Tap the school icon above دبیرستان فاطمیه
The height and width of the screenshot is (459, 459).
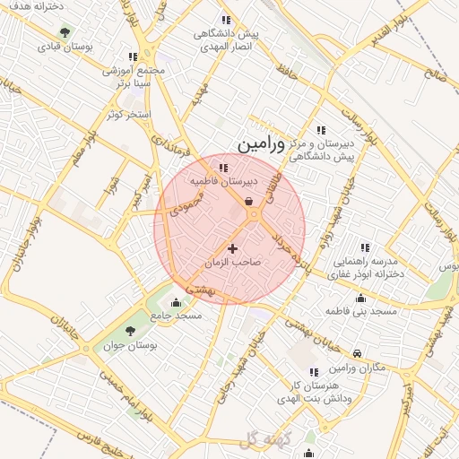(x=223, y=167)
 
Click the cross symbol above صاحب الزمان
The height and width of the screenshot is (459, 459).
(x=233, y=247)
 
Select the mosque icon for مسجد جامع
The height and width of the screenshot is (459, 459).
(x=175, y=302)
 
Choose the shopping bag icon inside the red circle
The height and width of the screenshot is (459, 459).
(x=248, y=202)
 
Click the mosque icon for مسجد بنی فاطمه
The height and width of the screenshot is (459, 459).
(x=360, y=299)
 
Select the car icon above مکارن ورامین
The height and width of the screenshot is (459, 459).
(x=358, y=354)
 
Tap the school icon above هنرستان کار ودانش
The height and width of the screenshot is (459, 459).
(x=313, y=372)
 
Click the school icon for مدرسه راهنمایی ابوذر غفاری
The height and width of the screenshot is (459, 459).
(x=364, y=247)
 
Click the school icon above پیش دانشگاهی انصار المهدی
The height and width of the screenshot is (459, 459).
(x=226, y=20)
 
